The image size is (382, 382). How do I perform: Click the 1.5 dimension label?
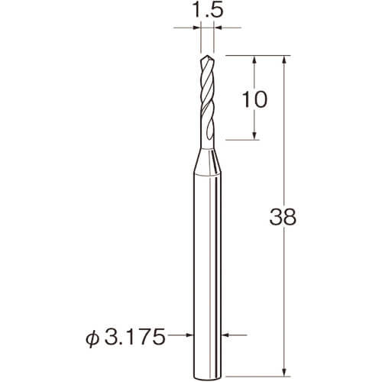tap(207, 11)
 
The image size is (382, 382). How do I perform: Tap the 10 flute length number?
tap(254, 99)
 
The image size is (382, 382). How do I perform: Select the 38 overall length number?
tap(283, 217)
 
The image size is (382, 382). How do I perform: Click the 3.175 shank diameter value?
tap(135, 337)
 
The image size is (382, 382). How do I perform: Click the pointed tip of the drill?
tap(208, 57)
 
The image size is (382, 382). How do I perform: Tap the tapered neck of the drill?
tap(207, 162)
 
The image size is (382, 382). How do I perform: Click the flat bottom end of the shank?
tap(207, 377)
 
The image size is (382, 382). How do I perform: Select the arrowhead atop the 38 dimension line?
tap(285, 60)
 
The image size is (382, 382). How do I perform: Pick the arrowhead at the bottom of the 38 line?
tap(285, 371)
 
